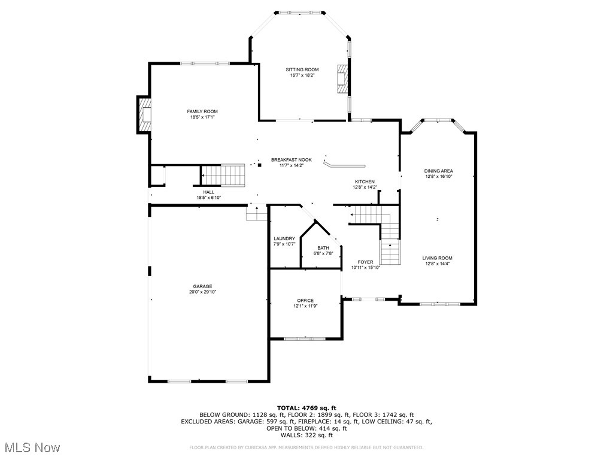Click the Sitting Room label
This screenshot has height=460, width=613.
coord(302,69)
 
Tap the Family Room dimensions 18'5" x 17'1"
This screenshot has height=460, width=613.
coord(202,117)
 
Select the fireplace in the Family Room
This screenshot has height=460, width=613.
coord(144,115)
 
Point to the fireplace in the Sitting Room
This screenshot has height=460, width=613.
coord(342,78)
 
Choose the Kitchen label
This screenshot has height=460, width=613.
coord(365,181)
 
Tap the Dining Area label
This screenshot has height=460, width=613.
coord(438,171)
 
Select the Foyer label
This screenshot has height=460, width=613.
coord(365,262)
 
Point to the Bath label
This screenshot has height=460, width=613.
coord(323,247)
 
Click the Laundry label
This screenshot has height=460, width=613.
coord(284,238)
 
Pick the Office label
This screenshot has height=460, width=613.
coord(305,301)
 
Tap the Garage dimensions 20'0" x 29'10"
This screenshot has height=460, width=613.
coord(202,292)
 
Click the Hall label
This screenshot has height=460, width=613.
coord(208,192)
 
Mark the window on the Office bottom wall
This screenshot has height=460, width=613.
coord(305,339)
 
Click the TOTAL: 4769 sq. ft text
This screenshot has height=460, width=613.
coord(306,408)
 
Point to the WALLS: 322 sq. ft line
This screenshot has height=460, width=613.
coord(306,435)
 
